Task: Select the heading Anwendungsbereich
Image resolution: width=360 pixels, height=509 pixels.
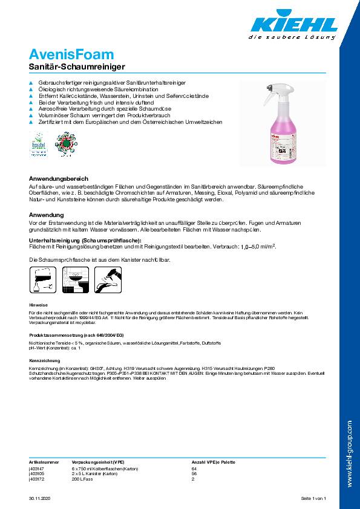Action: click(59, 179)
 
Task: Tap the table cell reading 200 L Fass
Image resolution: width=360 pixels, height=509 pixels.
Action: click(85, 479)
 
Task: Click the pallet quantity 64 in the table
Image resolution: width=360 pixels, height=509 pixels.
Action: click(194, 468)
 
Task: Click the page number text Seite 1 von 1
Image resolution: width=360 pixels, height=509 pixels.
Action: click(313, 498)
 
